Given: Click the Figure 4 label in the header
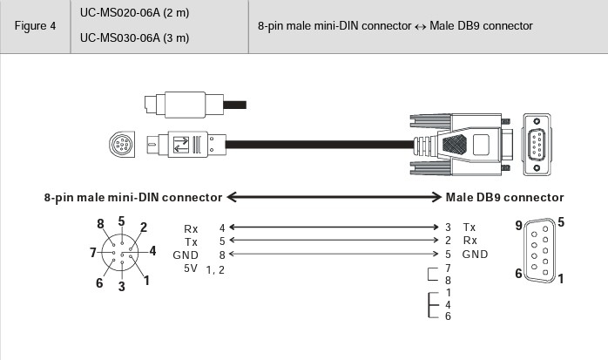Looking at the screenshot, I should (x=35, y=26).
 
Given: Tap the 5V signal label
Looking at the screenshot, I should (x=192, y=268).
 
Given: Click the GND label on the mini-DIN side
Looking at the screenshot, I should (x=186, y=255).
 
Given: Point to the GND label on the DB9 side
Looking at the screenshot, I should (x=475, y=255).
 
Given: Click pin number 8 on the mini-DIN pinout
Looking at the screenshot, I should (x=101, y=223).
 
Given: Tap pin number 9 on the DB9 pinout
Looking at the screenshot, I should (x=519, y=226).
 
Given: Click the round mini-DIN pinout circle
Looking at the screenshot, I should (x=122, y=253).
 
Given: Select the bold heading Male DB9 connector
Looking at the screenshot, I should (x=504, y=197).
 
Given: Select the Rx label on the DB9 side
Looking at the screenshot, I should (x=470, y=241).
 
